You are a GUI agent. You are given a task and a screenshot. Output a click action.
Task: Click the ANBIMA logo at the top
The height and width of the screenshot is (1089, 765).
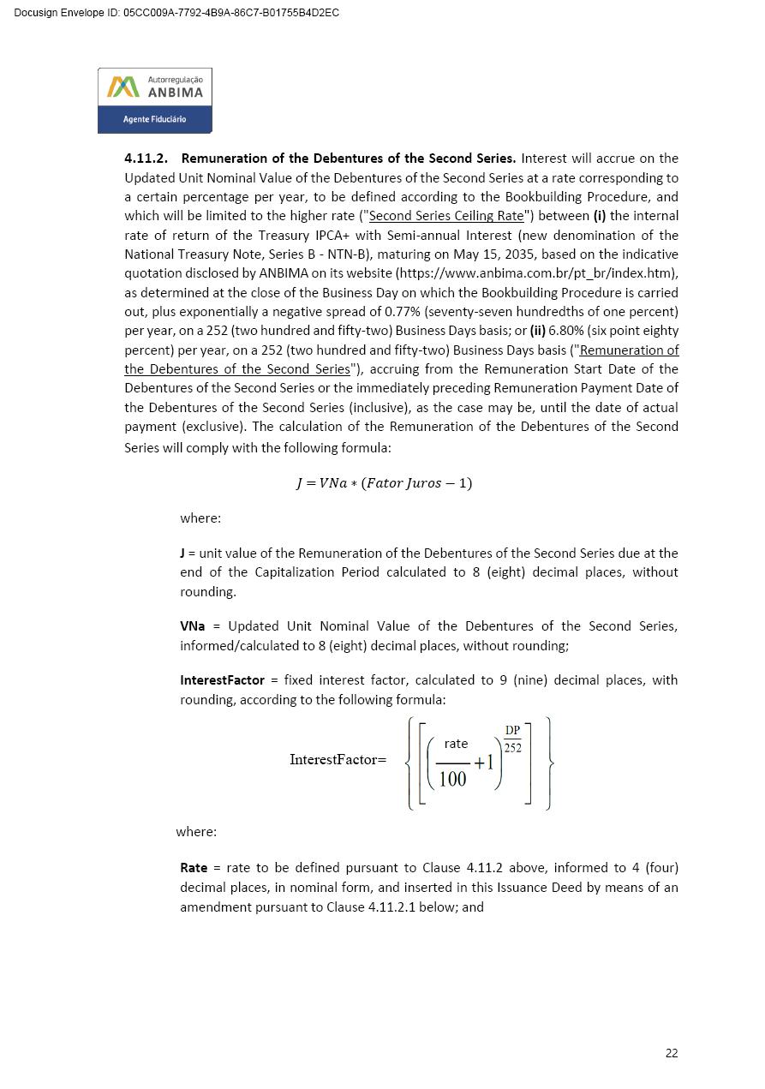point(155,87)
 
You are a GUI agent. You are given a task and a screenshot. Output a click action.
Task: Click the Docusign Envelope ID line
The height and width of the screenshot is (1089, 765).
point(176,13)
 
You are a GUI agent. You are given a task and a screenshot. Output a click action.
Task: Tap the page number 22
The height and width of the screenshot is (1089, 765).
point(671,1053)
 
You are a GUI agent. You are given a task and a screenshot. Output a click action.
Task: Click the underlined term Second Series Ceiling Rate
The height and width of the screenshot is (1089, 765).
point(445,216)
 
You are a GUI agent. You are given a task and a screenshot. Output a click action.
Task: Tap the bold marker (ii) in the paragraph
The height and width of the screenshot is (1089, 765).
point(537,331)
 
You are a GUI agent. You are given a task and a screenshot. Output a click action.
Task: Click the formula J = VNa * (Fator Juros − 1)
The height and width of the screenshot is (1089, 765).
point(384,483)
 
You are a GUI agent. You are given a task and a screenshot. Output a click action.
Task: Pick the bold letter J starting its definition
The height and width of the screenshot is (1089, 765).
point(182,553)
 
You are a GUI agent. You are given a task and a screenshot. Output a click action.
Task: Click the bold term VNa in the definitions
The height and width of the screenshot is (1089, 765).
point(193,626)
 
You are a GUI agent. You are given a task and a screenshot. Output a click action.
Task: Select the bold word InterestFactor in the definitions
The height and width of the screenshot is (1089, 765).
point(222,680)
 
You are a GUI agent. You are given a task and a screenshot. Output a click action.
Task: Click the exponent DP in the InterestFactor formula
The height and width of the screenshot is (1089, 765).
point(512,731)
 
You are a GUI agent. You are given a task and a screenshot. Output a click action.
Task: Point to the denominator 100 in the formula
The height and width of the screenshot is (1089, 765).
point(452,779)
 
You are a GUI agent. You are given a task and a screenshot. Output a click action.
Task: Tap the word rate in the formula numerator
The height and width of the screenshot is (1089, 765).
point(456,744)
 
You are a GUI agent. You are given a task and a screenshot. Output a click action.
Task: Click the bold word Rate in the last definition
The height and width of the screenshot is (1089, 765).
point(194,868)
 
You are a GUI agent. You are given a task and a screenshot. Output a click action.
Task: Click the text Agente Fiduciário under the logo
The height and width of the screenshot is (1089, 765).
point(154,119)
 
